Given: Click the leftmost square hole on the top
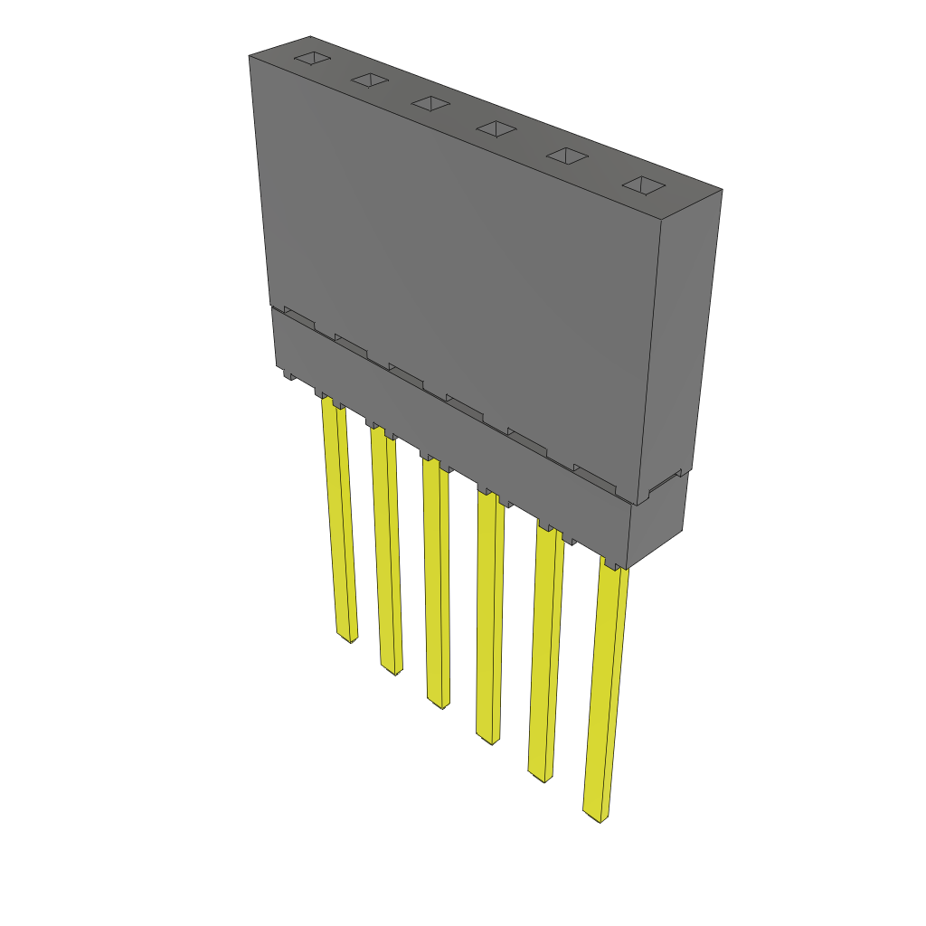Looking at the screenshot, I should pyautogui.click(x=310, y=59).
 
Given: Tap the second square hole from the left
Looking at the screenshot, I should pyautogui.click(x=370, y=80).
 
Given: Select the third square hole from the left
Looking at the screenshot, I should pyautogui.click(x=430, y=104).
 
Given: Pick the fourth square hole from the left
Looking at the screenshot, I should pyautogui.click(x=496, y=129).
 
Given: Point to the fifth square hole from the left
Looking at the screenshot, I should pyautogui.click(x=566, y=156).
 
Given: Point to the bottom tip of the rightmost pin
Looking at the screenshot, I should pyautogui.click(x=594, y=817).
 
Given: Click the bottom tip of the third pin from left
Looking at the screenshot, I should pyautogui.click(x=437, y=703).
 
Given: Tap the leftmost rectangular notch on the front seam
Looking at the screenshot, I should pyautogui.click(x=299, y=317).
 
